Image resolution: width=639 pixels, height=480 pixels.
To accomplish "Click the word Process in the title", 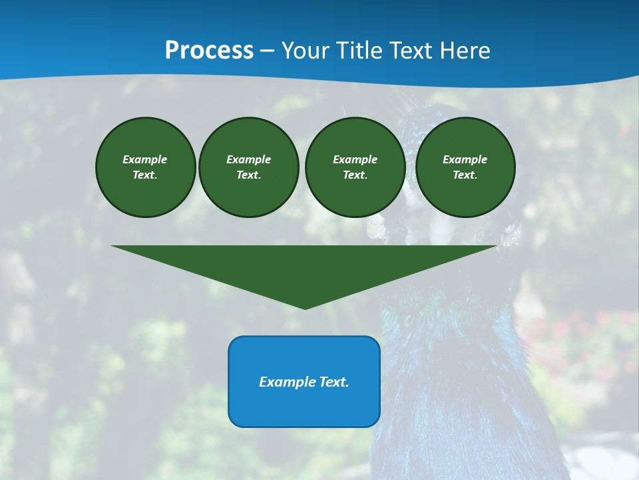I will pos(209,51).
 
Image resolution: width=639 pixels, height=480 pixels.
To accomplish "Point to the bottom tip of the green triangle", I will pos(305,308).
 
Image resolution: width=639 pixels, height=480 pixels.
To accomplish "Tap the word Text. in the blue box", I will pos(333,382).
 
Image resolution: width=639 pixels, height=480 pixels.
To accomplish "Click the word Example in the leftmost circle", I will pos(145,159).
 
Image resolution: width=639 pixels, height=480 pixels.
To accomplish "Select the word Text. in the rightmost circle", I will pos(465,175).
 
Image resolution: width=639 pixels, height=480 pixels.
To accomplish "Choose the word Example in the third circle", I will pos(355,159).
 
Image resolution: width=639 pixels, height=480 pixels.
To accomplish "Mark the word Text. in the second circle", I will pos(249,175).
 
